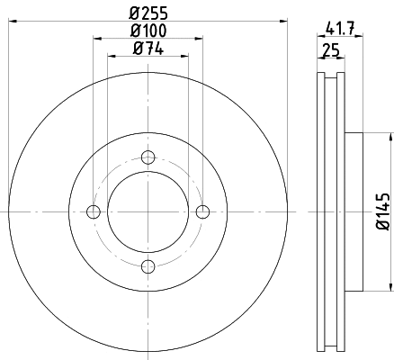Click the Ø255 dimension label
click(148, 13)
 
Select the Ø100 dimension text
click(148, 31)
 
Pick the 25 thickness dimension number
click(330, 51)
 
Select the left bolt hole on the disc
click(92, 211)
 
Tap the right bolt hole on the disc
click(202, 211)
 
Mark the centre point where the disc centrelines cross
click(148, 211)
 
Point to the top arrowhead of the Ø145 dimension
click(389, 137)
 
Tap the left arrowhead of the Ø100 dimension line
click(95, 40)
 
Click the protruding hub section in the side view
click(352, 212)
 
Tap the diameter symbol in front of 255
click(133, 13)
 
